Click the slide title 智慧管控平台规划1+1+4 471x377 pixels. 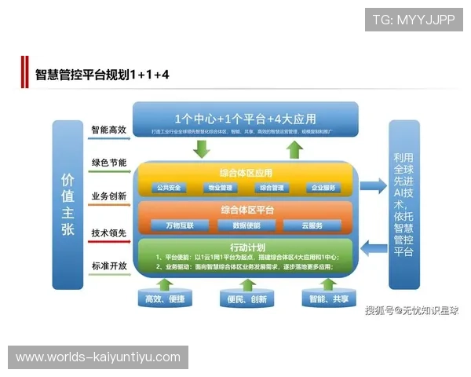pos(102,75)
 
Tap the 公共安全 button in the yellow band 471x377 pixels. pos(168,188)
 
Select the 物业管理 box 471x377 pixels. pos(221,188)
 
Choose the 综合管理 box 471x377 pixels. pos(272,188)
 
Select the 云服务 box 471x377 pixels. pos(312,225)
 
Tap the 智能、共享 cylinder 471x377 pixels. pos(329,298)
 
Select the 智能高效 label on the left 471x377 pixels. pos(109,130)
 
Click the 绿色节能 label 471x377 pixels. pos(109,163)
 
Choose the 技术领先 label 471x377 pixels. pos(109,233)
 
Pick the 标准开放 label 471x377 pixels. pos(109,266)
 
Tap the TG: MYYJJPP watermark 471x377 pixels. pos(414,19)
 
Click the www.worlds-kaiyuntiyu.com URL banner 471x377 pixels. pos(97,357)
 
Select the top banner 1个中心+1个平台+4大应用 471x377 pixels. pos(246,120)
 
